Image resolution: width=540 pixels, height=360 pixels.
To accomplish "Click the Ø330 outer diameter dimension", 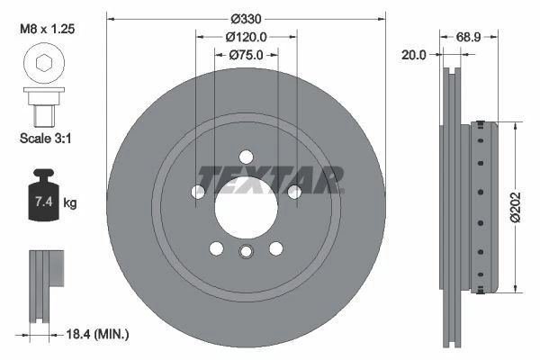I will coord(246,19).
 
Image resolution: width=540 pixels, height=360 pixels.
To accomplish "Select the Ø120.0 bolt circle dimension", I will coord(246,37).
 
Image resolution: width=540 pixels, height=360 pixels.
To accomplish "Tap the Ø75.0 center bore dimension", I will coord(246,55).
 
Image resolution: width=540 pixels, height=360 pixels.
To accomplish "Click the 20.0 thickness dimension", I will coord(415,56).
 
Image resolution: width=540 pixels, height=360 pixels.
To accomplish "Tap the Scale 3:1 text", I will coord(45,139).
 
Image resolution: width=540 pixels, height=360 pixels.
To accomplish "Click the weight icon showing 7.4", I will coord(43,200).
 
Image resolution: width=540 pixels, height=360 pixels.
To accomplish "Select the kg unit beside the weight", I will coord(70,203).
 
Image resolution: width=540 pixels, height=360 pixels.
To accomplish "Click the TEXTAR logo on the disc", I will coord(270,179).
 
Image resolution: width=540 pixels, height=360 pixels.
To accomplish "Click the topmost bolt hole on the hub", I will coord(246,156).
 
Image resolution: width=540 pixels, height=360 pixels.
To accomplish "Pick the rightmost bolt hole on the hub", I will coord(293,191).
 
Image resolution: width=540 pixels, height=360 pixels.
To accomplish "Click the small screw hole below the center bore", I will coord(246,253).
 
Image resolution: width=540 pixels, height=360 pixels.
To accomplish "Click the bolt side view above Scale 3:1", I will coord(42,105).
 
